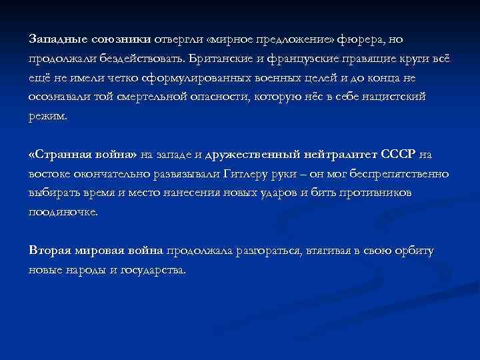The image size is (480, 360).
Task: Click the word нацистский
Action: (x=391, y=97)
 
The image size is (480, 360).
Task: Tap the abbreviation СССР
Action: (x=398, y=155)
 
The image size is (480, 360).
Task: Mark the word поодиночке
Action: (x=63, y=213)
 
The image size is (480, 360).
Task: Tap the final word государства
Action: (x=154, y=271)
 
